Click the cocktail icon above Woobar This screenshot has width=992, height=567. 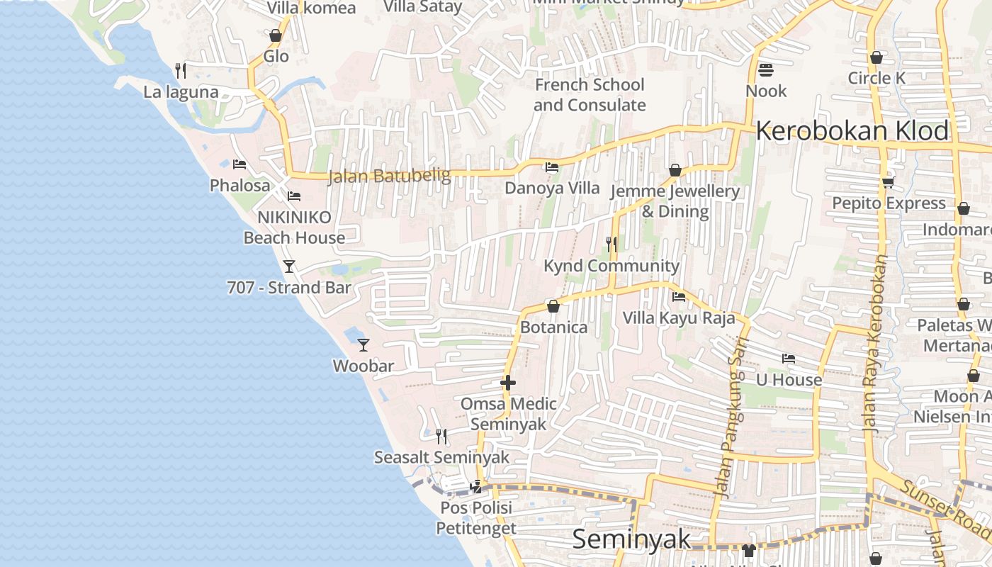point(363,345)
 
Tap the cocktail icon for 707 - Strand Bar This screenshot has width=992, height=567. point(288,266)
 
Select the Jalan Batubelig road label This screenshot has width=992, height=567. point(389,176)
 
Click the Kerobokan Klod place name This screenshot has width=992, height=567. point(852,131)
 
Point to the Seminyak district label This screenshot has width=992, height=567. point(631,539)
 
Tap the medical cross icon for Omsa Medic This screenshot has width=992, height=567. point(508,383)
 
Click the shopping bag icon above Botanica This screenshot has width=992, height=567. point(553,307)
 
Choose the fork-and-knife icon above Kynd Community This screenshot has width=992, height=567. point(611,245)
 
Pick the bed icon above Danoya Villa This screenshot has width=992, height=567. point(551,168)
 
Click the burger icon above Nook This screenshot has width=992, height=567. point(766,70)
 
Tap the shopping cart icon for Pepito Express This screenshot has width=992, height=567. point(888,183)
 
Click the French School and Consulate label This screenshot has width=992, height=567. point(590,95)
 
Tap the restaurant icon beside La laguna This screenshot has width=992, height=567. point(181,70)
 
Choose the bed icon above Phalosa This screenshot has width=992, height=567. point(239,165)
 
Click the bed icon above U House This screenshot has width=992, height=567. point(789,359)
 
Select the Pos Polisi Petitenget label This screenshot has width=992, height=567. point(476,518)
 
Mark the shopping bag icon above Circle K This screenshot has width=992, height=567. point(877,57)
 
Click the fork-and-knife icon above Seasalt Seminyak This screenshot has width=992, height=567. point(441,436)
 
